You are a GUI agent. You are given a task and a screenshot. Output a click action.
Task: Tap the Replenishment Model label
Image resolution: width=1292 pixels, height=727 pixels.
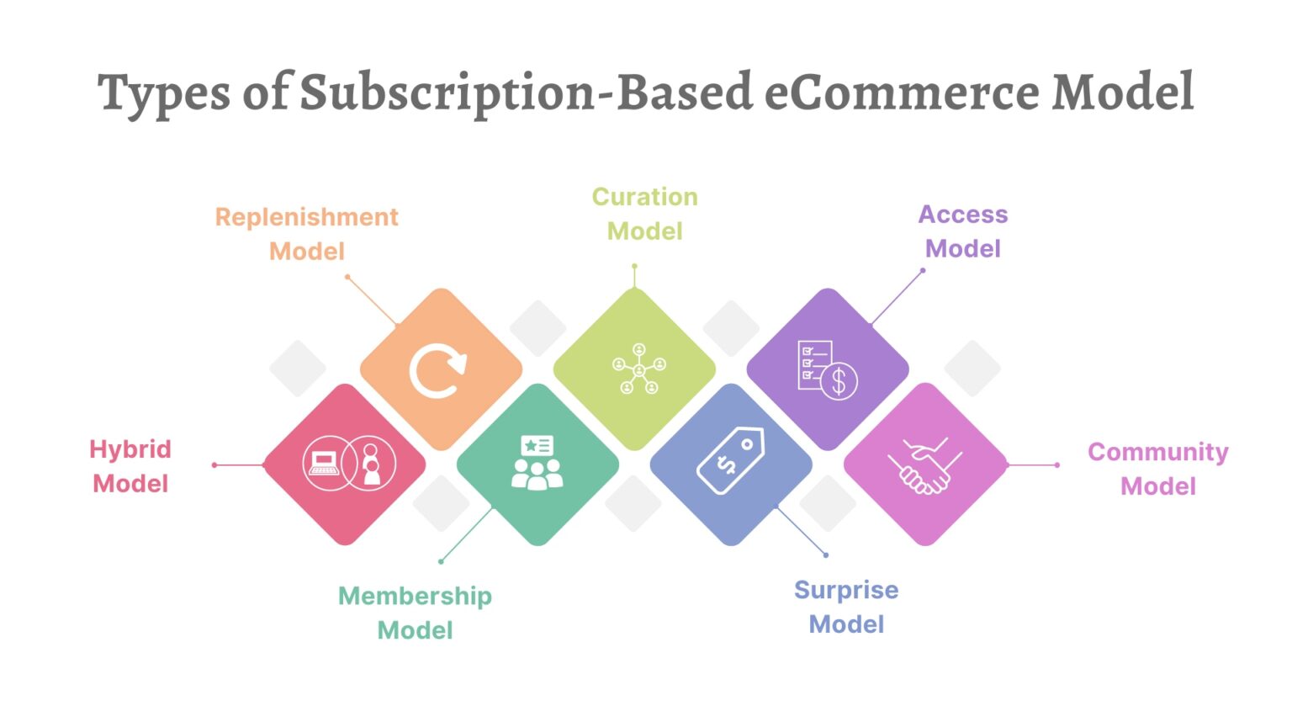point(307,234)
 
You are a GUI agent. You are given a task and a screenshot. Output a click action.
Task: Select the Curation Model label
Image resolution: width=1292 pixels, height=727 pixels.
point(644,214)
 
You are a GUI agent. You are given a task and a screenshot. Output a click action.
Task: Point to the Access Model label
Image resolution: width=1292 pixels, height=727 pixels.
point(962,231)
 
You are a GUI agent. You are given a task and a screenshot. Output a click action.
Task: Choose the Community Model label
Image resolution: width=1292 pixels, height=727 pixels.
point(1157,469)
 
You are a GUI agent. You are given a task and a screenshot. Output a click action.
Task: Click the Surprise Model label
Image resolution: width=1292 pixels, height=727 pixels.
point(846,607)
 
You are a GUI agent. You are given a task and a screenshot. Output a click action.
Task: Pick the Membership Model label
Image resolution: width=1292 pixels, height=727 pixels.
point(415,613)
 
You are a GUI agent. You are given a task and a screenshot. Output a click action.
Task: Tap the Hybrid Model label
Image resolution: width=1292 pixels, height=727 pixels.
point(130,466)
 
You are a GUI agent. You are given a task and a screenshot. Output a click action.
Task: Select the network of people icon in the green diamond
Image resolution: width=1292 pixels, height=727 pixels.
point(638,369)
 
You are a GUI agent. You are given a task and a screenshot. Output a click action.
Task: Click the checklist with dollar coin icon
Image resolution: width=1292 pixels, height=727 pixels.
point(827,369)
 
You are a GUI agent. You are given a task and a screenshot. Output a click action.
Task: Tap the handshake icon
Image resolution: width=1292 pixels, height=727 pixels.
point(924,465)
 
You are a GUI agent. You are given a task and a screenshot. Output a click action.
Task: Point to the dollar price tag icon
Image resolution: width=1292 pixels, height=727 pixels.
point(730,461)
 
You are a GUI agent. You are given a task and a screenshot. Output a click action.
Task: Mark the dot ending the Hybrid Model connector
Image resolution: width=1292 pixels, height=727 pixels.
point(214,464)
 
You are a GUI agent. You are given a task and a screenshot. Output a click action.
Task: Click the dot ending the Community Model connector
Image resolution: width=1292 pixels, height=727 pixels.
point(1057,464)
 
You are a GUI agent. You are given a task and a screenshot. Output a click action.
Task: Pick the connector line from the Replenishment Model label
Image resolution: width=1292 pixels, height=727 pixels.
point(371,300)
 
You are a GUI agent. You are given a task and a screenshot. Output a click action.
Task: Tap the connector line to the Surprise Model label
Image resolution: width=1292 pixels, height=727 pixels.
point(801,530)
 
